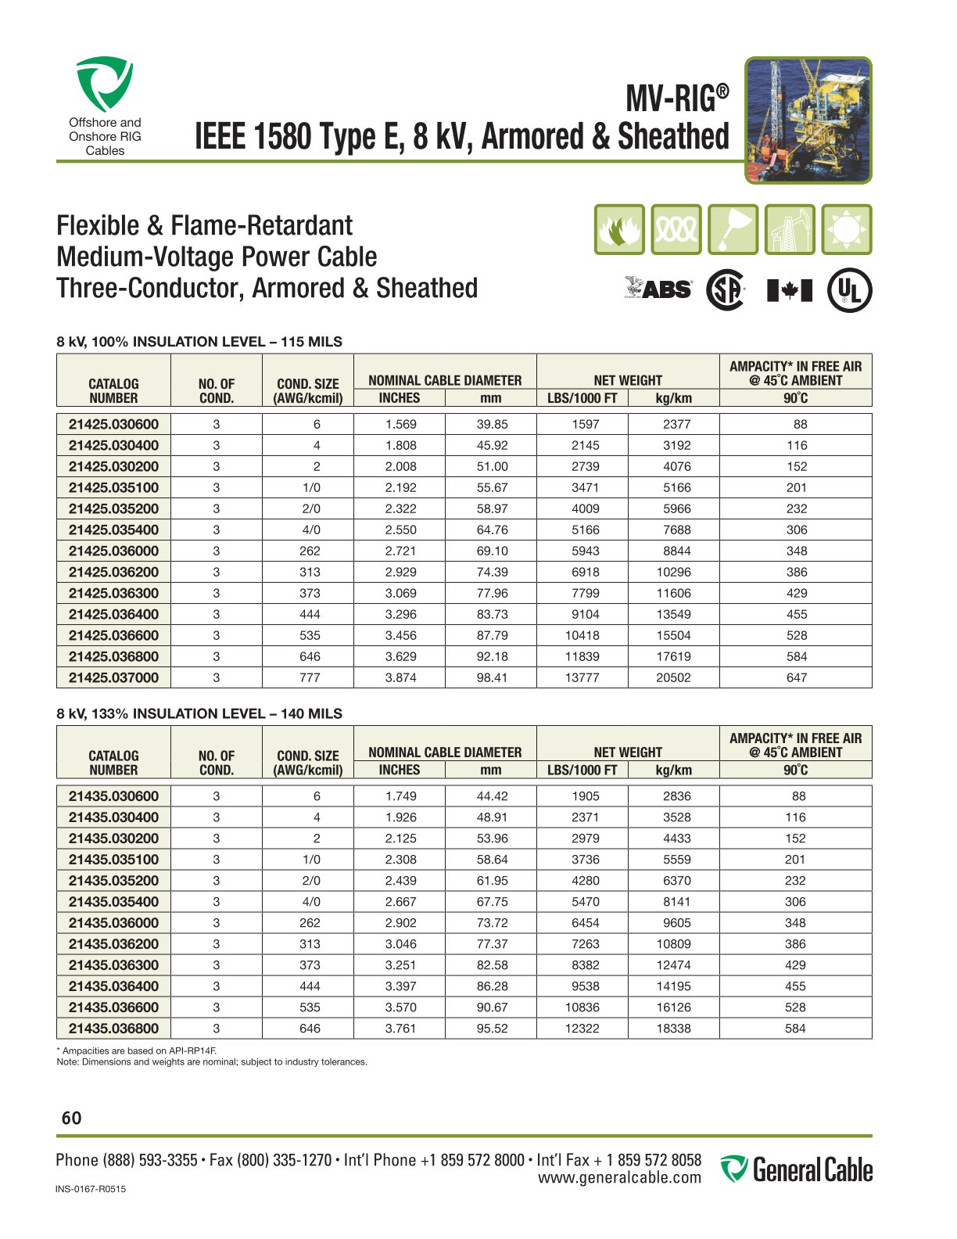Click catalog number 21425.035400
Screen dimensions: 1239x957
(113, 530)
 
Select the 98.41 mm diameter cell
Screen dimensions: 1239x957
(492, 677)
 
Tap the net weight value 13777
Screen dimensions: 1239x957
(582, 677)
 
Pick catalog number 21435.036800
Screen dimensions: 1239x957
(113, 1029)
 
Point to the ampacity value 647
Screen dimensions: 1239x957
(796, 677)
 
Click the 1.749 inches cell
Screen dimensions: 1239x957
(400, 796)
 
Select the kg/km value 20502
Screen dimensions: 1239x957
(673, 677)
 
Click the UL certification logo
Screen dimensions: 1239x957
(850, 290)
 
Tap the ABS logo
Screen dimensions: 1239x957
(658, 289)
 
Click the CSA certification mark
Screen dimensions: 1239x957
(725, 290)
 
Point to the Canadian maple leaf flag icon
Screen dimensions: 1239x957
(790, 290)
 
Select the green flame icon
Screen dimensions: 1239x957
(619, 229)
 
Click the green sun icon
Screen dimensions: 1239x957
(847, 229)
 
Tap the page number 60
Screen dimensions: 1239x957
(71, 1119)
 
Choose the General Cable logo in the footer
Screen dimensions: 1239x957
(796, 1170)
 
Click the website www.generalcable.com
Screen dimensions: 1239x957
(619, 1178)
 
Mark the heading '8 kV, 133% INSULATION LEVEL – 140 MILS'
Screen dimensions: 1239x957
(199, 713)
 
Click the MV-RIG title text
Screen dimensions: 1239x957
(677, 99)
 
